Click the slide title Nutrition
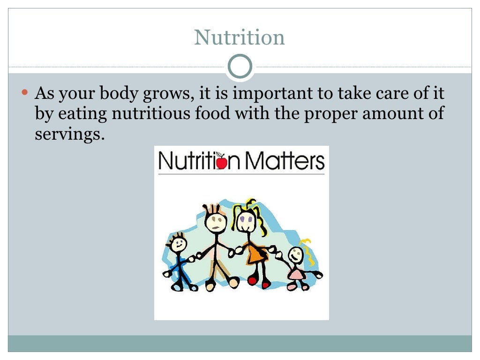pyautogui.click(x=240, y=37)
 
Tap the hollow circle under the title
pyautogui.click(x=240, y=66)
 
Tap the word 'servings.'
pyautogui.click(x=68, y=134)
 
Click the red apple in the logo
pyautogui.click(x=221, y=163)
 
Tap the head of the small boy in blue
pyautogui.click(x=178, y=244)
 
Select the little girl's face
pyautogui.click(x=296, y=255)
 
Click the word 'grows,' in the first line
pyautogui.click(x=167, y=94)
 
